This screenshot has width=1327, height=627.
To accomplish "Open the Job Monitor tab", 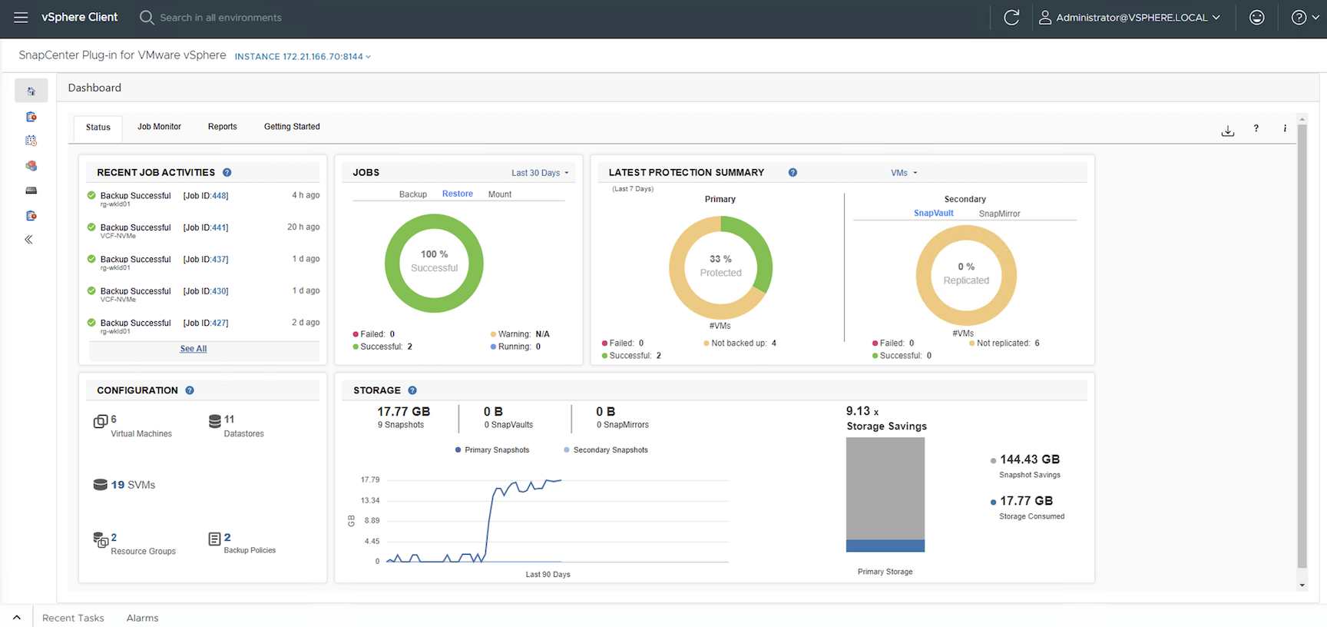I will coord(159,127).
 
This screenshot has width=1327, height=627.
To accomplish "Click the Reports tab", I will coord(222,127).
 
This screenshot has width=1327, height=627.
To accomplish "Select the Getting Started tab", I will coord(292,127).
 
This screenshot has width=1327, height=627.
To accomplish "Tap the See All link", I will coord(194,349).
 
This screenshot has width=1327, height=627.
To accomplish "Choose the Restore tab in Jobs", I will coord(458,194).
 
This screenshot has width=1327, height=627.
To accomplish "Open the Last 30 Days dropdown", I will coord(540,173).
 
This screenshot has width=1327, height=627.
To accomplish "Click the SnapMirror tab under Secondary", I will coord(999,214).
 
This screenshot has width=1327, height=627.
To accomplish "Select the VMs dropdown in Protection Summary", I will coord(904,173).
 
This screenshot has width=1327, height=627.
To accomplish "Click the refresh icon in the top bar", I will coord(1011,18).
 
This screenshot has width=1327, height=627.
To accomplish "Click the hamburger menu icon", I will coord(21,18).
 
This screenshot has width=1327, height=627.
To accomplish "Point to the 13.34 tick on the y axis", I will coord(370,500).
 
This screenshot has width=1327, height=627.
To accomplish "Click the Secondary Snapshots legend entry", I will coord(610,450).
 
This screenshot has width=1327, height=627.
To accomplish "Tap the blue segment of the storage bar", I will coord(885,546).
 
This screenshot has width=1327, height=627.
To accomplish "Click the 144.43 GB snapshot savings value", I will coord(1029,459).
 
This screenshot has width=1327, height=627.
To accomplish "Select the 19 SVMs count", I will coord(132,485).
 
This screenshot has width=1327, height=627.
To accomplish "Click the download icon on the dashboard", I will coord(1228,131).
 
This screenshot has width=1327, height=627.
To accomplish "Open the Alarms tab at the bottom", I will coord(142,618).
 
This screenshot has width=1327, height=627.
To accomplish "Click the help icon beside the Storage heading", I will coord(412,390).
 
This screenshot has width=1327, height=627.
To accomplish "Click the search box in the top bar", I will coord(220,18).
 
